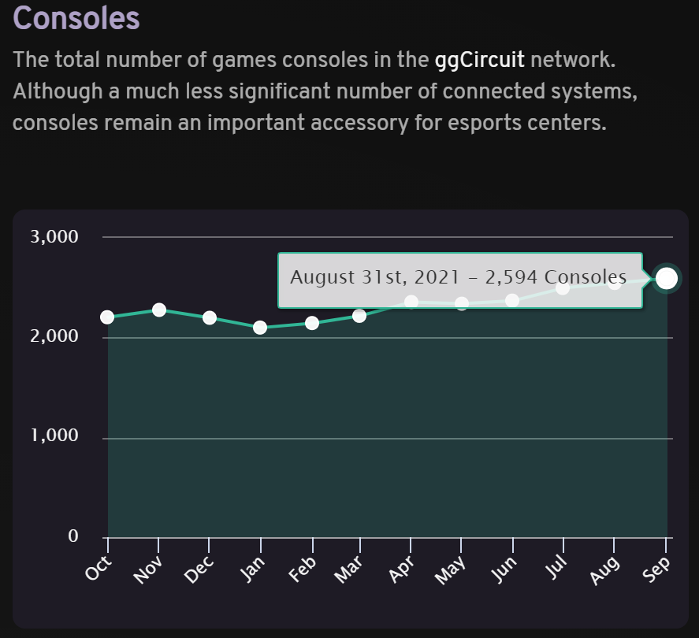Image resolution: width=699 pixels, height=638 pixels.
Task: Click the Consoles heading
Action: tap(76, 18)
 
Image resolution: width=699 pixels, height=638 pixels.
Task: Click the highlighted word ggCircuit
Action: tap(479, 60)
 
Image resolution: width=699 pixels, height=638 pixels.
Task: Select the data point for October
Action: tap(107, 317)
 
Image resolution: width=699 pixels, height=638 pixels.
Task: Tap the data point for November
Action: tap(159, 310)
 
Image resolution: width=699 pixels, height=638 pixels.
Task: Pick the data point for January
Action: tap(260, 327)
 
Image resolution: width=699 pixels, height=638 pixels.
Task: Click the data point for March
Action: tap(359, 316)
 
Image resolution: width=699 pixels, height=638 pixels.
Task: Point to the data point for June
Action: tap(512, 300)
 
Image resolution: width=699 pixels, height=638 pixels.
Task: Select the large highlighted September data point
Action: tap(666, 278)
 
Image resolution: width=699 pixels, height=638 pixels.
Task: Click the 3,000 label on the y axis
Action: tap(54, 236)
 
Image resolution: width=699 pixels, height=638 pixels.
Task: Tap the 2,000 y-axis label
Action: tap(54, 336)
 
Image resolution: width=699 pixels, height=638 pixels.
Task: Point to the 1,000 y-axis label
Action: tap(54, 436)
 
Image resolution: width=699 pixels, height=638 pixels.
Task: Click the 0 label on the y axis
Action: tap(73, 536)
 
